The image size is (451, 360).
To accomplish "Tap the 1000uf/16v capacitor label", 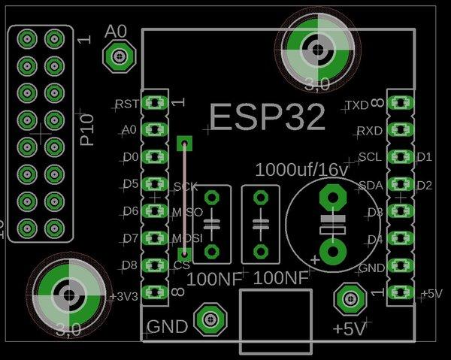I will (302, 168).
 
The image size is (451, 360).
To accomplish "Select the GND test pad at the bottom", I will (210, 319).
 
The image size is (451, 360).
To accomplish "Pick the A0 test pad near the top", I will (119, 55).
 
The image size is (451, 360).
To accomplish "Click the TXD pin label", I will (356, 104).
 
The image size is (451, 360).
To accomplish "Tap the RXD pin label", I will (368, 131).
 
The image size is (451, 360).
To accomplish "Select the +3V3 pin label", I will (123, 296).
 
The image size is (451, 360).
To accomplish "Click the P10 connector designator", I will (87, 129).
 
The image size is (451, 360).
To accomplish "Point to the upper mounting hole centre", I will (316, 50).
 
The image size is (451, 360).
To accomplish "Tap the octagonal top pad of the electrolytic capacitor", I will (331, 197).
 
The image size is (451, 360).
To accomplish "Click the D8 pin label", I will (129, 265).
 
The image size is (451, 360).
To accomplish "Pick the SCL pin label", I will (370, 157).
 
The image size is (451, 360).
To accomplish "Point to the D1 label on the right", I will (424, 157).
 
